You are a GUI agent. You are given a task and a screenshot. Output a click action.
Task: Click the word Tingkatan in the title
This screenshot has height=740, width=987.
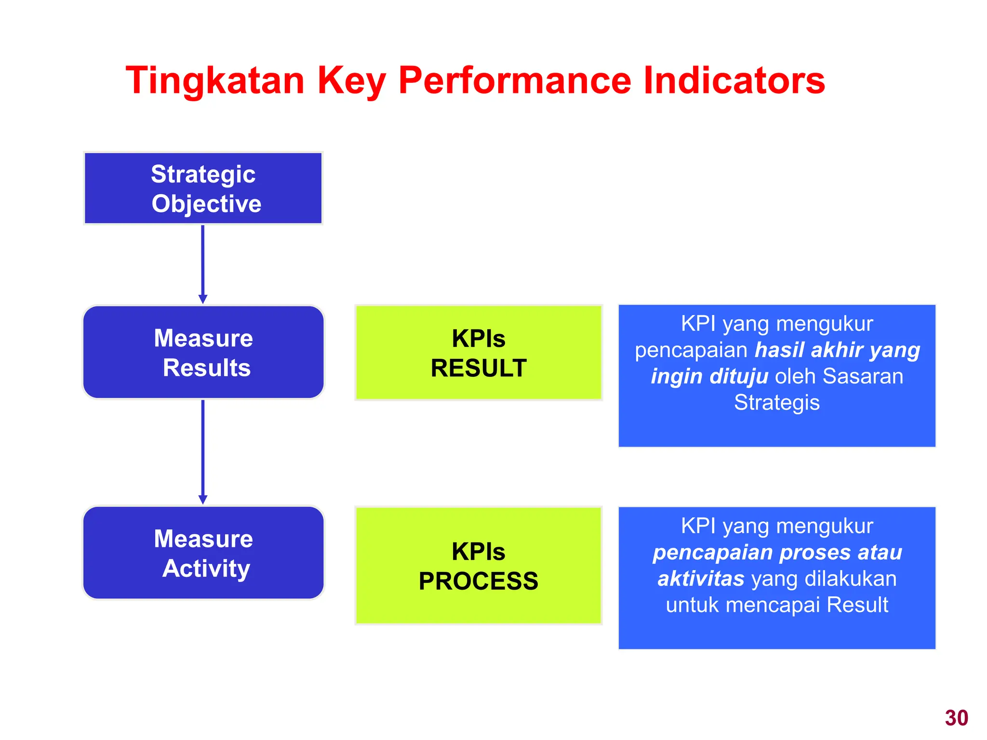pos(215,81)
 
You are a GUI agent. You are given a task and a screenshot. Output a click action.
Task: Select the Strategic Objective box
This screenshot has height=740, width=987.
pos(203,188)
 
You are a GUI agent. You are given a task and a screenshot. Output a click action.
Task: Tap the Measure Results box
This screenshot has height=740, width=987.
pos(203,352)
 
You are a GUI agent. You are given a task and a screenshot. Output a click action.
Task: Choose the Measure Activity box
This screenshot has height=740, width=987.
pos(203,553)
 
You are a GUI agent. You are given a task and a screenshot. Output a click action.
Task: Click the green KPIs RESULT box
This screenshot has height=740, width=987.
pos(478,353)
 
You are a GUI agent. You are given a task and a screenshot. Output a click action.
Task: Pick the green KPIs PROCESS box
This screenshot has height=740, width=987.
pos(478,566)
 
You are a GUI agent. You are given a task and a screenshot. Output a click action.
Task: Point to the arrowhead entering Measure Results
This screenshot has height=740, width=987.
pos(203,299)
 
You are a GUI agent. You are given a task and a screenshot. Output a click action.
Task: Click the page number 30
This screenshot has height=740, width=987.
pos(956,718)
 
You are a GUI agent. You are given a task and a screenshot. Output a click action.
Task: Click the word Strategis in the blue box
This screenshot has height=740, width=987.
pos(776,402)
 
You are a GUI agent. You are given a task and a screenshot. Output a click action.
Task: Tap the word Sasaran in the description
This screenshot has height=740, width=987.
pos(863,376)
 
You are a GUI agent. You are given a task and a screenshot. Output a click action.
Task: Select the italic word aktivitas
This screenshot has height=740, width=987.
pos(701,579)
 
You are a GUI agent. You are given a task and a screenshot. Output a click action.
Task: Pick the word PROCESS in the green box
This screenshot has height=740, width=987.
pos(478,581)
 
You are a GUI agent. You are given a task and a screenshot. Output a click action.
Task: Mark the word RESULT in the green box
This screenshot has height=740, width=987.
pos(478,368)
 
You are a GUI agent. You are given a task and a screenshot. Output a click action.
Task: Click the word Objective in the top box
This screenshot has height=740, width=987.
pos(206,204)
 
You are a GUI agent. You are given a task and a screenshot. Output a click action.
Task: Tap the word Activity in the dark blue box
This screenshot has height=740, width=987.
pos(206,568)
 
